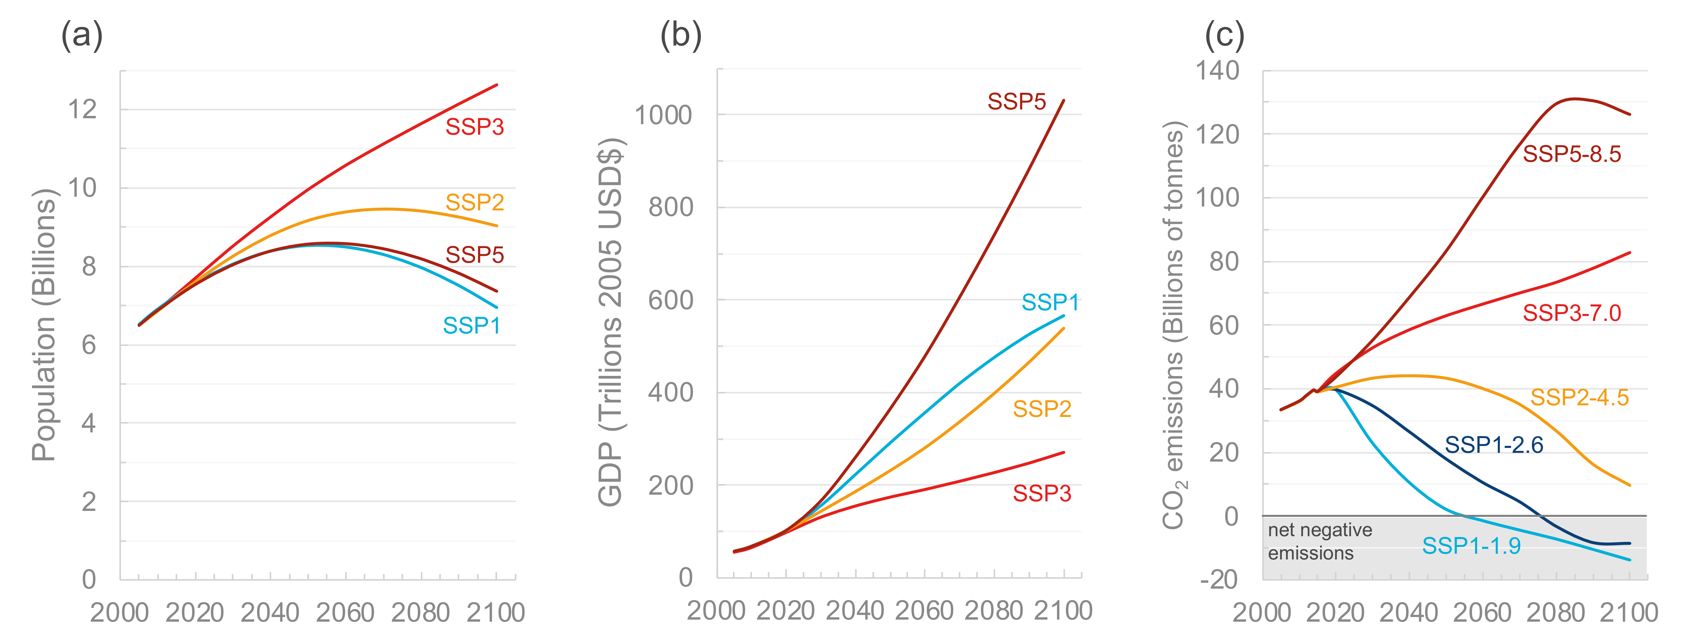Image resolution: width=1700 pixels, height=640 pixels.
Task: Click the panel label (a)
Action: click(x=82, y=35)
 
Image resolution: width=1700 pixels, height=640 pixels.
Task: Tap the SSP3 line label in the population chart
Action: click(x=474, y=127)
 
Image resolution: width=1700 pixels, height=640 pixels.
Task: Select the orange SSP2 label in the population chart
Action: click(x=474, y=202)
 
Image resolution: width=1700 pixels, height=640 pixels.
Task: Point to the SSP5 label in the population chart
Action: click(x=474, y=255)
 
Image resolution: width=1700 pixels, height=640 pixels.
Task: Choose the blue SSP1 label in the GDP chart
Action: click(x=1050, y=302)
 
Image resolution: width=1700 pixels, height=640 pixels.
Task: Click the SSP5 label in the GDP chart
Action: click(x=1016, y=102)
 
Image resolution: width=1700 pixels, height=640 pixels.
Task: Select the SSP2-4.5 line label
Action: click(x=1579, y=397)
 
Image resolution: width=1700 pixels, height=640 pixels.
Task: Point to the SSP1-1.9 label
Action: click(x=1471, y=546)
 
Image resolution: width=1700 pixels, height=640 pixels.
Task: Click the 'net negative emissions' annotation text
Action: click(x=1319, y=541)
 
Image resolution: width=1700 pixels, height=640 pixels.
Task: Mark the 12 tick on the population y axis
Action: click(x=82, y=109)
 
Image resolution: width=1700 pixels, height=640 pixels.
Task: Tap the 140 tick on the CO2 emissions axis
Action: click(x=1218, y=70)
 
